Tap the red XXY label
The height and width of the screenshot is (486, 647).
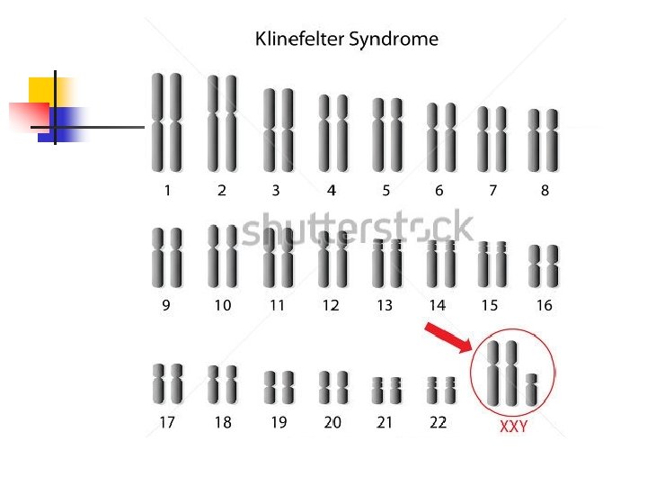point(513,427)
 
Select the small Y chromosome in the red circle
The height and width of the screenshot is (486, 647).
point(531,389)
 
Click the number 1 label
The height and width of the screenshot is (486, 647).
point(167,190)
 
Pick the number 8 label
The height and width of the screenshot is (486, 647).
point(545,190)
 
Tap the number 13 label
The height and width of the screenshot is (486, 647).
point(385,305)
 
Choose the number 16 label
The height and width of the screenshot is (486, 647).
point(544,305)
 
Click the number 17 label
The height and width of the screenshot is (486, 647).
point(166,422)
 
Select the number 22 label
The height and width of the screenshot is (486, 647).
point(438,422)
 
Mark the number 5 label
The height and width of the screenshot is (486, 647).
point(386,190)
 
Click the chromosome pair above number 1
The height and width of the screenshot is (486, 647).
point(167,122)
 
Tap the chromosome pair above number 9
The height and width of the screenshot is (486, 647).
point(167,257)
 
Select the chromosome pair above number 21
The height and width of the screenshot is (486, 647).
point(386,391)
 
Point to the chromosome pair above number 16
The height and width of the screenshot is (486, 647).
point(544,266)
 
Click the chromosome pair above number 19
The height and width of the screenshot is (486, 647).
point(279,388)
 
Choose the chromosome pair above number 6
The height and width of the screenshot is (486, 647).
point(440,137)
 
